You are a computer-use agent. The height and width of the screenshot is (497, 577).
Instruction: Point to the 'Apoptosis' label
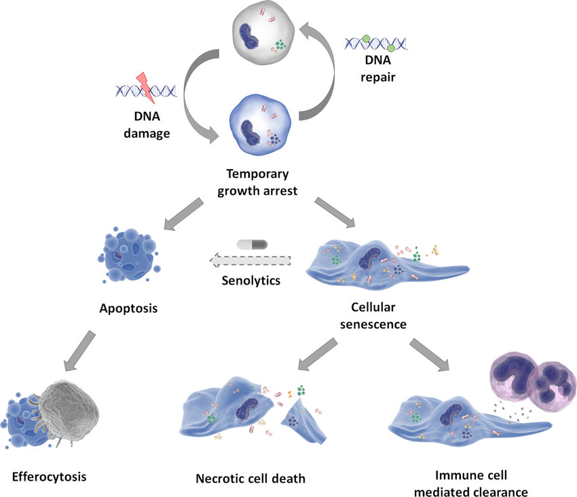tap(129, 308)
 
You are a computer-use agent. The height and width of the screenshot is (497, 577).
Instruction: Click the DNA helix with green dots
tap(375, 43)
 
